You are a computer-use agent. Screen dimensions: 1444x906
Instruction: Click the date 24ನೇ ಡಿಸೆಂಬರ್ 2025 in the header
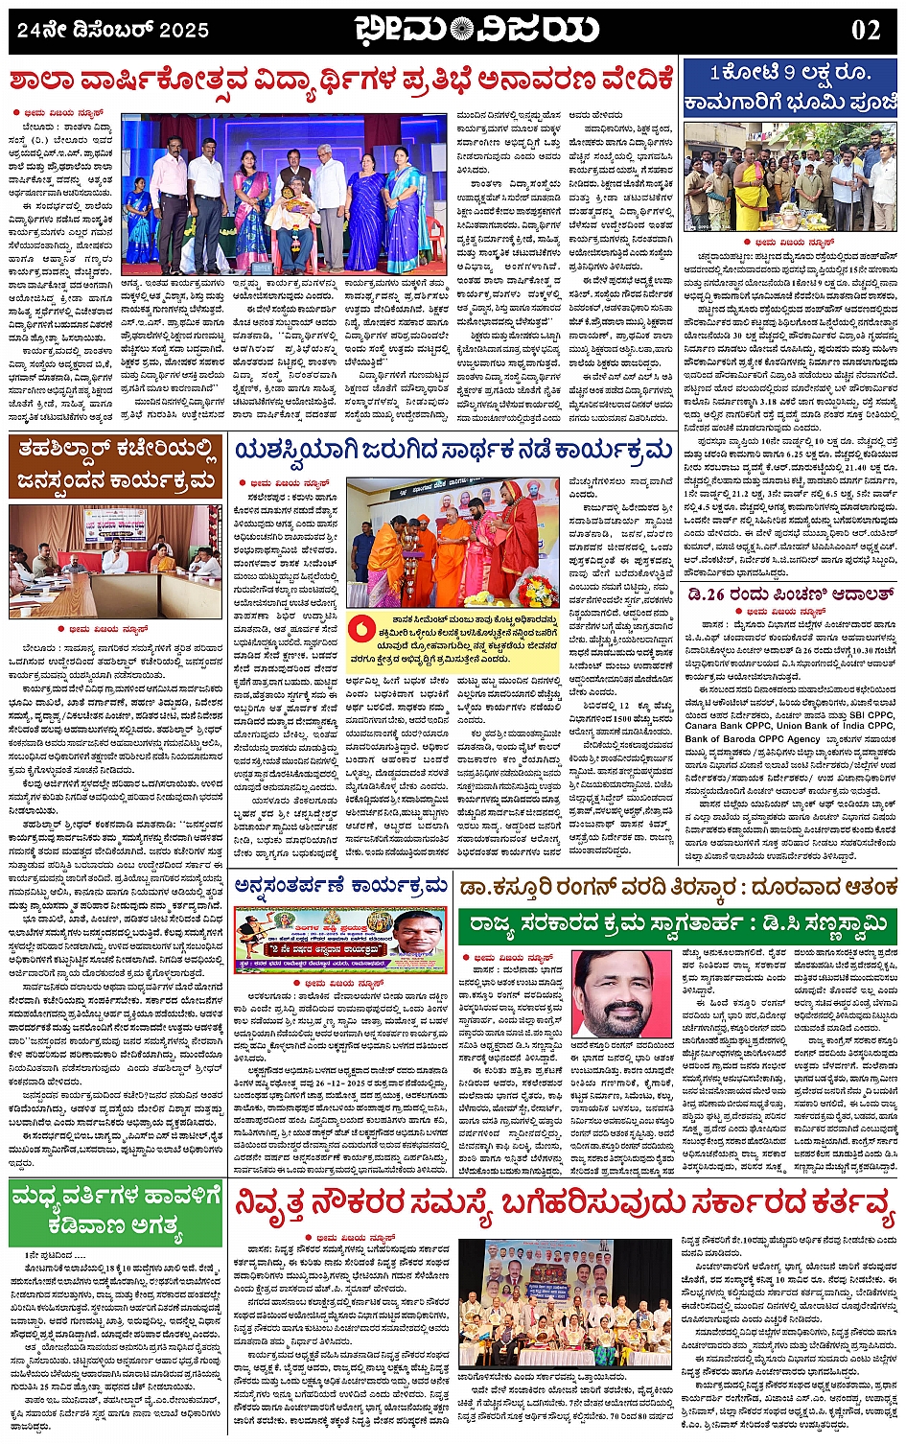point(113,30)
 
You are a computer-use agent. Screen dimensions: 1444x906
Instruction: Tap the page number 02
point(865,30)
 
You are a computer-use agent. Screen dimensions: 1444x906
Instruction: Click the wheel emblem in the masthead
point(462,30)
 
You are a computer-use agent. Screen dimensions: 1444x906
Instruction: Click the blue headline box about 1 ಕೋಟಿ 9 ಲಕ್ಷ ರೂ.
point(790,87)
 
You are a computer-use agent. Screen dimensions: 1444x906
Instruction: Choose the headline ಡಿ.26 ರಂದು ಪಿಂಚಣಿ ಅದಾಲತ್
point(790,595)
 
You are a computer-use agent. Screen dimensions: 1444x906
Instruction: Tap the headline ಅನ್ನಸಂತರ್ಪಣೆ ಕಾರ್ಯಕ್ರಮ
point(341,884)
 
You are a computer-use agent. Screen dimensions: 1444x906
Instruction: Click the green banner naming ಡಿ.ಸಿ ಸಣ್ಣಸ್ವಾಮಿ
point(680,926)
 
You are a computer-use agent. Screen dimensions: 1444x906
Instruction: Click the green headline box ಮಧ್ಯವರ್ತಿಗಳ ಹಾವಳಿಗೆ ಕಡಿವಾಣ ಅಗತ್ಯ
point(115,1211)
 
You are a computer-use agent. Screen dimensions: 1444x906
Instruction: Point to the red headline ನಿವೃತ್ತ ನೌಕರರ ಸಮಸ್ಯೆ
point(565,1210)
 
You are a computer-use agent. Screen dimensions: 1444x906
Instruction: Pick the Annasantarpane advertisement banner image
point(340,940)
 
